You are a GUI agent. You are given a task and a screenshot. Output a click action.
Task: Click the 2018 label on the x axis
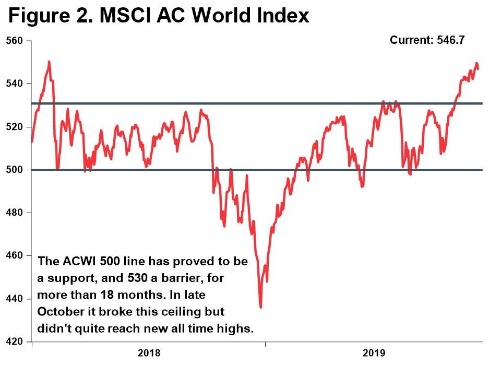pyautogui.click(x=149, y=354)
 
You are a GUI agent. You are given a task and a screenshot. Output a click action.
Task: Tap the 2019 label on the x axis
pyautogui.click(x=374, y=354)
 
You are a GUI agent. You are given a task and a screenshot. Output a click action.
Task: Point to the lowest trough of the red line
pyautogui.click(x=260, y=307)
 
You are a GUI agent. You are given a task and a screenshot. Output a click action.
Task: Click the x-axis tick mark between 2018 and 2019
pyautogui.click(x=265, y=344)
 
